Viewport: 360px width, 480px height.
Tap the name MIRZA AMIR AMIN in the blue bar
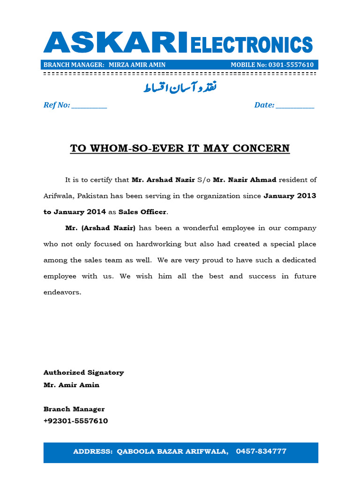coord(137,65)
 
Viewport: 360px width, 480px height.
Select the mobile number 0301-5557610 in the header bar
coord(291,65)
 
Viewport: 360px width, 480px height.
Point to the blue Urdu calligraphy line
coord(180,88)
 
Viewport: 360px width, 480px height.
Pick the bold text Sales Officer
coord(142,212)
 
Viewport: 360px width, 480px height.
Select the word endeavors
coord(62,292)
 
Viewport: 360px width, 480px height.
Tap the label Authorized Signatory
coord(83,373)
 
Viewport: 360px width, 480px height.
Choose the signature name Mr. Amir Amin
coord(71,385)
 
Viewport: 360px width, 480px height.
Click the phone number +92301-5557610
coord(75,421)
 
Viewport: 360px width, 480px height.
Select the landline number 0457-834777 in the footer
coord(261,451)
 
